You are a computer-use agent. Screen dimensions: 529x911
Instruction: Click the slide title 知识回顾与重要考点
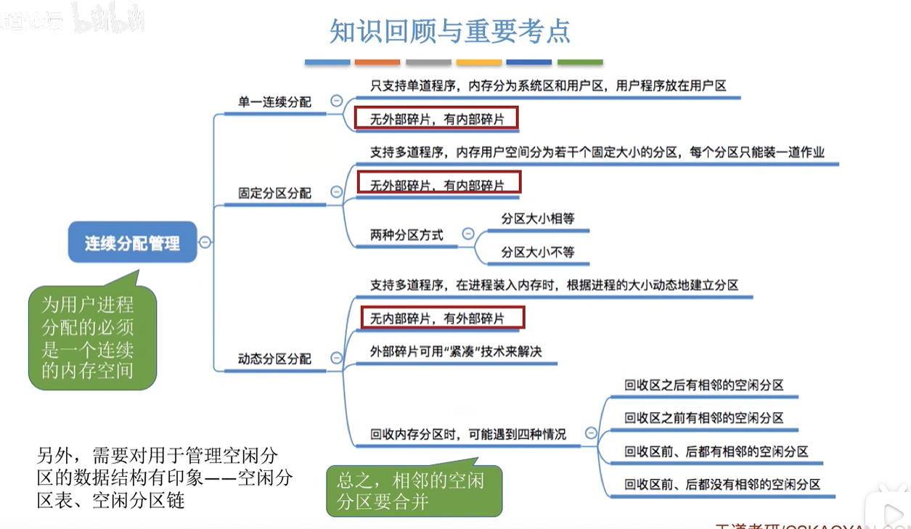(x=450, y=31)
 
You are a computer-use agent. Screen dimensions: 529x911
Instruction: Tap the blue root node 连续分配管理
(x=132, y=242)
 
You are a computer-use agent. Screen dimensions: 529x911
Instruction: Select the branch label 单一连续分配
(x=274, y=102)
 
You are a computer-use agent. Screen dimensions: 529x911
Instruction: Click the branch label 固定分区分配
(x=274, y=193)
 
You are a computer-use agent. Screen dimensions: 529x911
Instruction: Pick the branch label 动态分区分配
(x=274, y=358)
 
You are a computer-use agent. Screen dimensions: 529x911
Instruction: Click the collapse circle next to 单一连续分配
(x=336, y=102)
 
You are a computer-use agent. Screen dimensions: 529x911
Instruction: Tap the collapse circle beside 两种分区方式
(x=468, y=234)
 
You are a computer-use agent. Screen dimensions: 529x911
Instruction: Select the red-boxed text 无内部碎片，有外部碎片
(x=443, y=317)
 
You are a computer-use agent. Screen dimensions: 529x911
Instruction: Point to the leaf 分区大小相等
(x=538, y=218)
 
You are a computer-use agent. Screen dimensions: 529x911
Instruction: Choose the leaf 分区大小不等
(x=538, y=252)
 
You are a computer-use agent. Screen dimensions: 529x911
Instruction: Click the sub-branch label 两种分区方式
(x=407, y=234)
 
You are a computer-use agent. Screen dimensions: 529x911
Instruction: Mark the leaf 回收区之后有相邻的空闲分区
(x=704, y=385)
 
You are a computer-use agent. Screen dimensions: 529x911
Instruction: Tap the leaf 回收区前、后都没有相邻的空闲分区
(x=722, y=484)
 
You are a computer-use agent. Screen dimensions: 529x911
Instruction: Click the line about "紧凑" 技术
(x=456, y=351)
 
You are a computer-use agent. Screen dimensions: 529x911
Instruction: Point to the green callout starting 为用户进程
(x=92, y=337)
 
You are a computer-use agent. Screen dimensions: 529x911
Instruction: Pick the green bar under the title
(x=580, y=62)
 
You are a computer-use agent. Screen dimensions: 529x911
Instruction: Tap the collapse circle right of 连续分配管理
(x=205, y=242)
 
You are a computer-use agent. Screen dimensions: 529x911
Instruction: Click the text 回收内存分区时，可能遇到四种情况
(x=468, y=434)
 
